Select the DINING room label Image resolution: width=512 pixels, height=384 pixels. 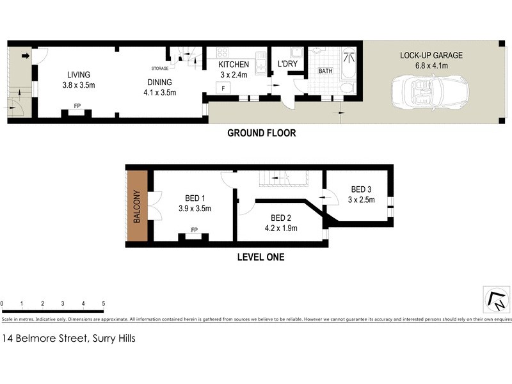point(160,82)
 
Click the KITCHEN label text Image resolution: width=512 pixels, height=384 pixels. point(234,65)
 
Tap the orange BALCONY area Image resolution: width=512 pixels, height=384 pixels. point(137,205)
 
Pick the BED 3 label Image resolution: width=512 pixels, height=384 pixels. point(361,189)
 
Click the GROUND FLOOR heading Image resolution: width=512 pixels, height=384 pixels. point(262,134)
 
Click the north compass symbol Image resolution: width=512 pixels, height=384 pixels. point(496,299)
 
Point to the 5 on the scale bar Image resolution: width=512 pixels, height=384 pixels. point(103,303)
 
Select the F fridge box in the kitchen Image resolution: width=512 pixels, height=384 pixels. point(223,88)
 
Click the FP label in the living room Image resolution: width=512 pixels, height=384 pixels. point(77,106)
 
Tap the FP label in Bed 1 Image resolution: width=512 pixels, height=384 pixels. point(194,230)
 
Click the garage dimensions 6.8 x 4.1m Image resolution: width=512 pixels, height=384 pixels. point(431,65)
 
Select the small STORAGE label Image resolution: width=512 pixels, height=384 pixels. point(160,68)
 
